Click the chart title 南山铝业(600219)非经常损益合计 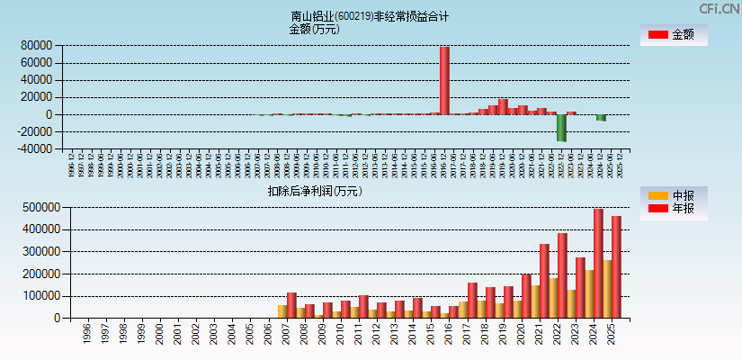click(x=370, y=16)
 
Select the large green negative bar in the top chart click(x=561, y=128)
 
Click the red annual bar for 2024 click(x=598, y=263)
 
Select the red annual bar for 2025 click(x=616, y=266)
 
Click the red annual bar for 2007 click(x=291, y=305)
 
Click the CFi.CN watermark click(x=719, y=8)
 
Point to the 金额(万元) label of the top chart click(x=314, y=29)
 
